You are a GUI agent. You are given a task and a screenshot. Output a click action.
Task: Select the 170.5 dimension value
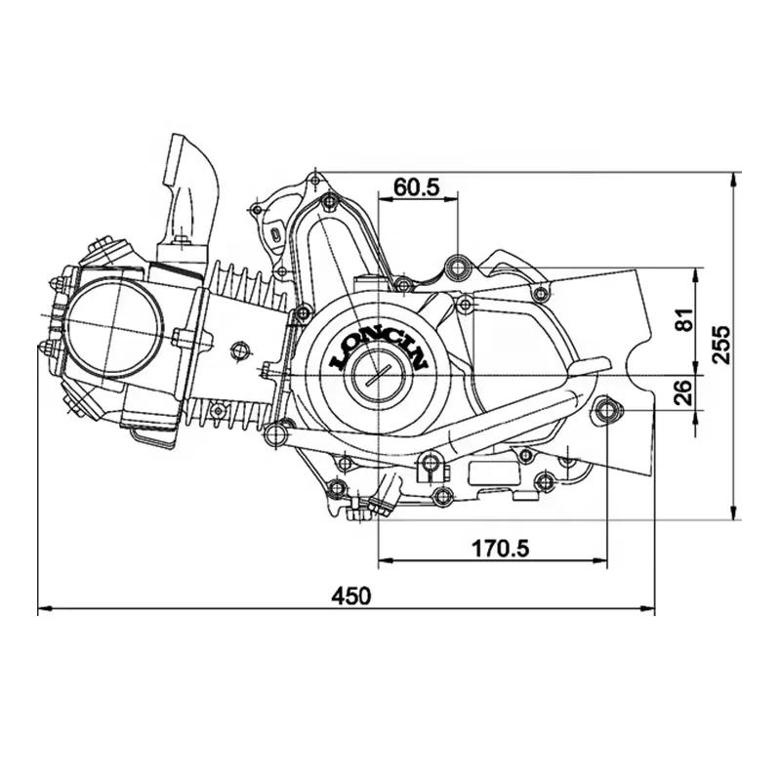pos(500,549)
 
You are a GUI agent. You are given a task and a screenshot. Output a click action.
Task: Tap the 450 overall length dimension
pos(351,596)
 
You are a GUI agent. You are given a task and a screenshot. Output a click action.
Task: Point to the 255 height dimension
pos(720,345)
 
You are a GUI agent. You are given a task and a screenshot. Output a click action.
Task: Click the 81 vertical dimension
pos(686,319)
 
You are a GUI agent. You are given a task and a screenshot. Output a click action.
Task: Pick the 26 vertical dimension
pos(686,392)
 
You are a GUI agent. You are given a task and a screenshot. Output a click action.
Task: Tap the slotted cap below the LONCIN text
pos(380,375)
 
